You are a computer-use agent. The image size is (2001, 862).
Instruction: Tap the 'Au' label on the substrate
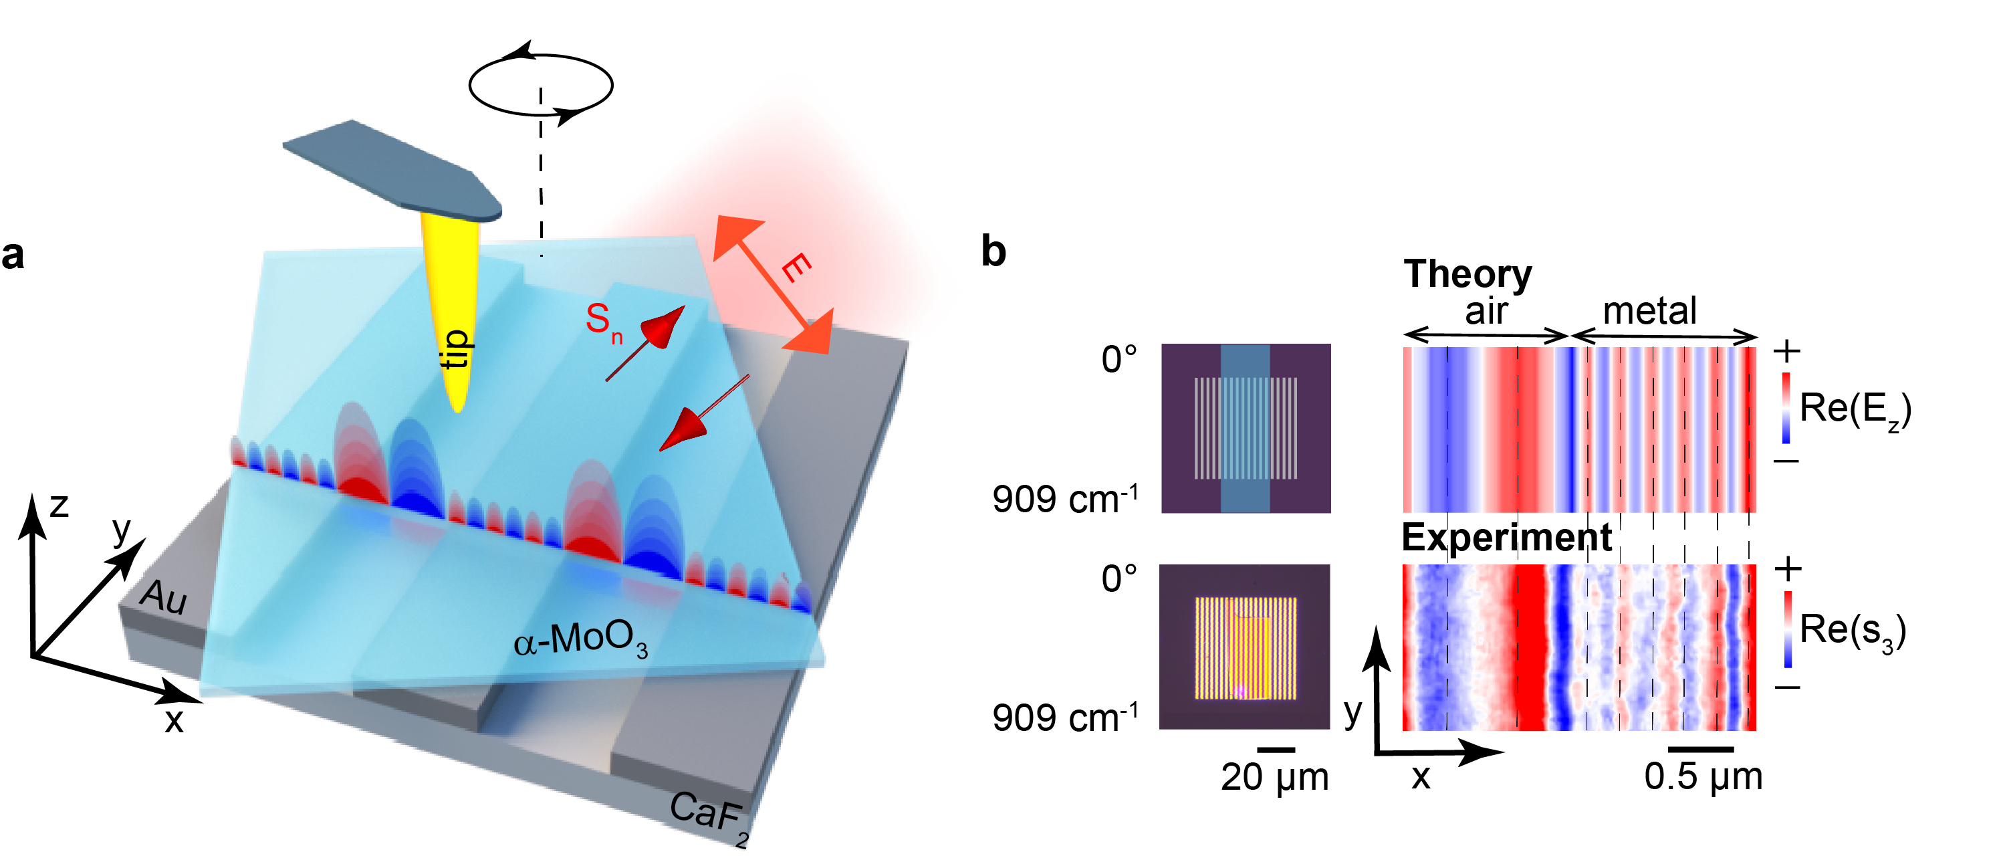click(x=163, y=597)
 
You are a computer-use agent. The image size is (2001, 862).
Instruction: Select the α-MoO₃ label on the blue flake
click(x=581, y=641)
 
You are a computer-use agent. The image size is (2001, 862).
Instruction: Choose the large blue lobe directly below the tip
click(x=416, y=466)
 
